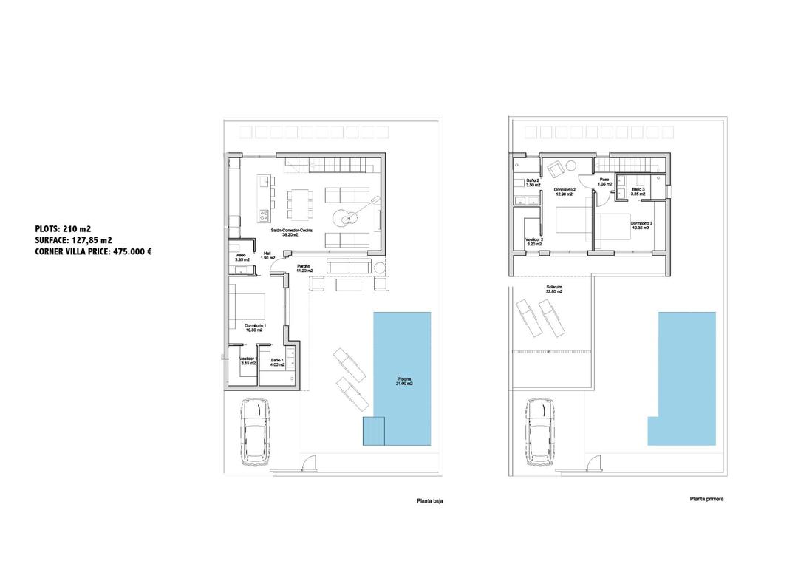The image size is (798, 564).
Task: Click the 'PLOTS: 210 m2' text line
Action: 63,229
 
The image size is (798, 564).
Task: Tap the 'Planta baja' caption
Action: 430,501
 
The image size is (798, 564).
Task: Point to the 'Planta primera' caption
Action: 706,499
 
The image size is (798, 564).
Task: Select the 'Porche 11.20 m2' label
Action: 304,268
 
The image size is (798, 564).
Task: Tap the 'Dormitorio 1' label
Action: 255,327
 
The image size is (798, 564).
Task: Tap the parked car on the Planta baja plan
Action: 253,433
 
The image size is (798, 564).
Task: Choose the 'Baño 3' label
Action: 638,191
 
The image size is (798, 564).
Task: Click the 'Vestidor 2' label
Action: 533,241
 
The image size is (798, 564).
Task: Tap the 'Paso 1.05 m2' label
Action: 604,181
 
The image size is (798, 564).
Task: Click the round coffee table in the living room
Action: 344,218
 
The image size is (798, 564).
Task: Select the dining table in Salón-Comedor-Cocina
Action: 299,203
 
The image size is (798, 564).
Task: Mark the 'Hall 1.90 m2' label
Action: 267,255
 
